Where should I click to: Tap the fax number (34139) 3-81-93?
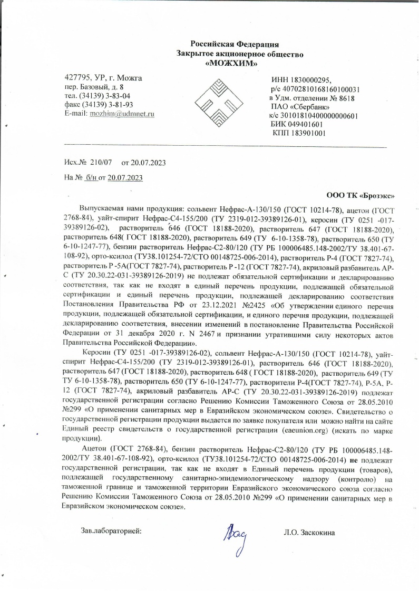[105, 104]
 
